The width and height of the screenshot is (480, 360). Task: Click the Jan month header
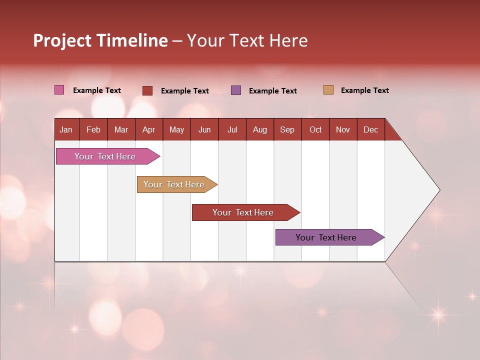(x=66, y=129)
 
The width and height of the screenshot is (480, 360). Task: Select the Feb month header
(x=93, y=129)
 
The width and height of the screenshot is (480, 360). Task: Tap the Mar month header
(x=121, y=129)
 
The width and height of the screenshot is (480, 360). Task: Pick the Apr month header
(x=149, y=129)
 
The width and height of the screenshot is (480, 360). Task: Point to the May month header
(x=176, y=129)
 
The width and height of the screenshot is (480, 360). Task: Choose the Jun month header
(x=204, y=129)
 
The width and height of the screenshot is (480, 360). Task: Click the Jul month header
(x=232, y=129)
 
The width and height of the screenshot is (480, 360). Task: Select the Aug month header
(x=260, y=129)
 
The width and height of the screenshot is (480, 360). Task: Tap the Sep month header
(x=287, y=129)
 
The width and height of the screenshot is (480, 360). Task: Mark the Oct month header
(x=315, y=129)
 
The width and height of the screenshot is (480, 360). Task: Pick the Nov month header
(x=343, y=129)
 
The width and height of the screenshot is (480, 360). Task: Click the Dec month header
(x=371, y=129)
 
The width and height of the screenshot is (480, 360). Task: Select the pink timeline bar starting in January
(x=105, y=156)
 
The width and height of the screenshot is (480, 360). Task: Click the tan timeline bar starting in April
(x=174, y=184)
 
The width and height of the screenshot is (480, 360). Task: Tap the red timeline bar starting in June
(x=243, y=212)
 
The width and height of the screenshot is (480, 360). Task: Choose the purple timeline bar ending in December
(x=326, y=237)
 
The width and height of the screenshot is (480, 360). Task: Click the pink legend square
(x=59, y=90)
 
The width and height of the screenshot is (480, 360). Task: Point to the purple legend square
(x=236, y=90)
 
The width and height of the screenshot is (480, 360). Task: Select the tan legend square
(x=328, y=90)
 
